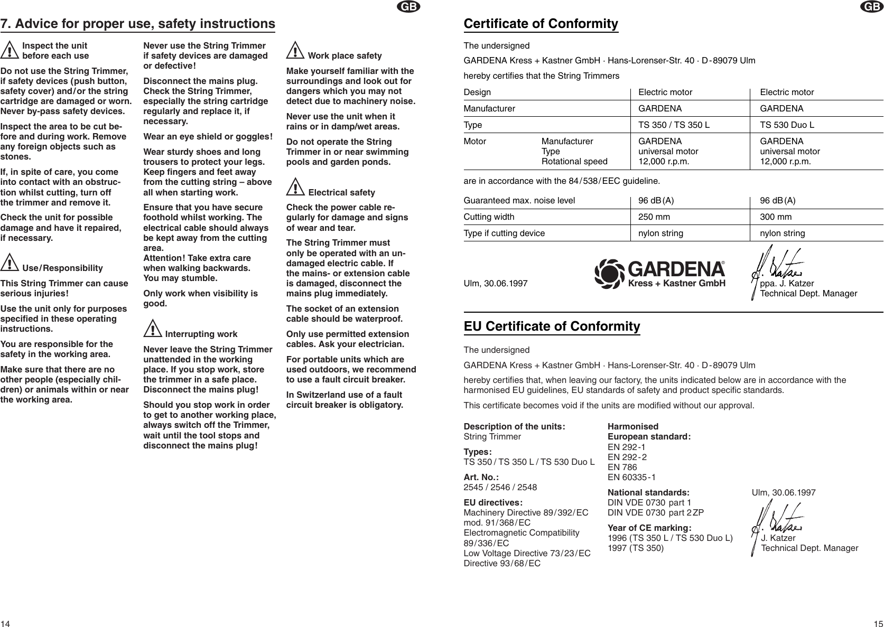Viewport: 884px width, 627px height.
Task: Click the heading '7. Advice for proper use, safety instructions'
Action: point(137,24)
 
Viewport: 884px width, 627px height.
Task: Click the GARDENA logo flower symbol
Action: point(609,274)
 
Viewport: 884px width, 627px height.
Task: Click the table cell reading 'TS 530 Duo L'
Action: point(787,125)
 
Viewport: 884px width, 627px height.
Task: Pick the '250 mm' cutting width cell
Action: point(654,217)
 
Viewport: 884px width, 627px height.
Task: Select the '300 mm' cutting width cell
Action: point(776,217)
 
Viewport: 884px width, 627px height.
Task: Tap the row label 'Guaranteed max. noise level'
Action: point(519,201)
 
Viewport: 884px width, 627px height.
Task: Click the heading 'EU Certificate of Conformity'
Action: point(552,327)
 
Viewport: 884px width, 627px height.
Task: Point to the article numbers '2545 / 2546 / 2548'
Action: point(500,487)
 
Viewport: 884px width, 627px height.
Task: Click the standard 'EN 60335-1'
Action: point(632,478)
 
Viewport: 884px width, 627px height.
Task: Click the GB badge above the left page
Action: point(409,6)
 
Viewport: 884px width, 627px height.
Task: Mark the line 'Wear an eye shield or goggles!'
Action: point(208,137)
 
